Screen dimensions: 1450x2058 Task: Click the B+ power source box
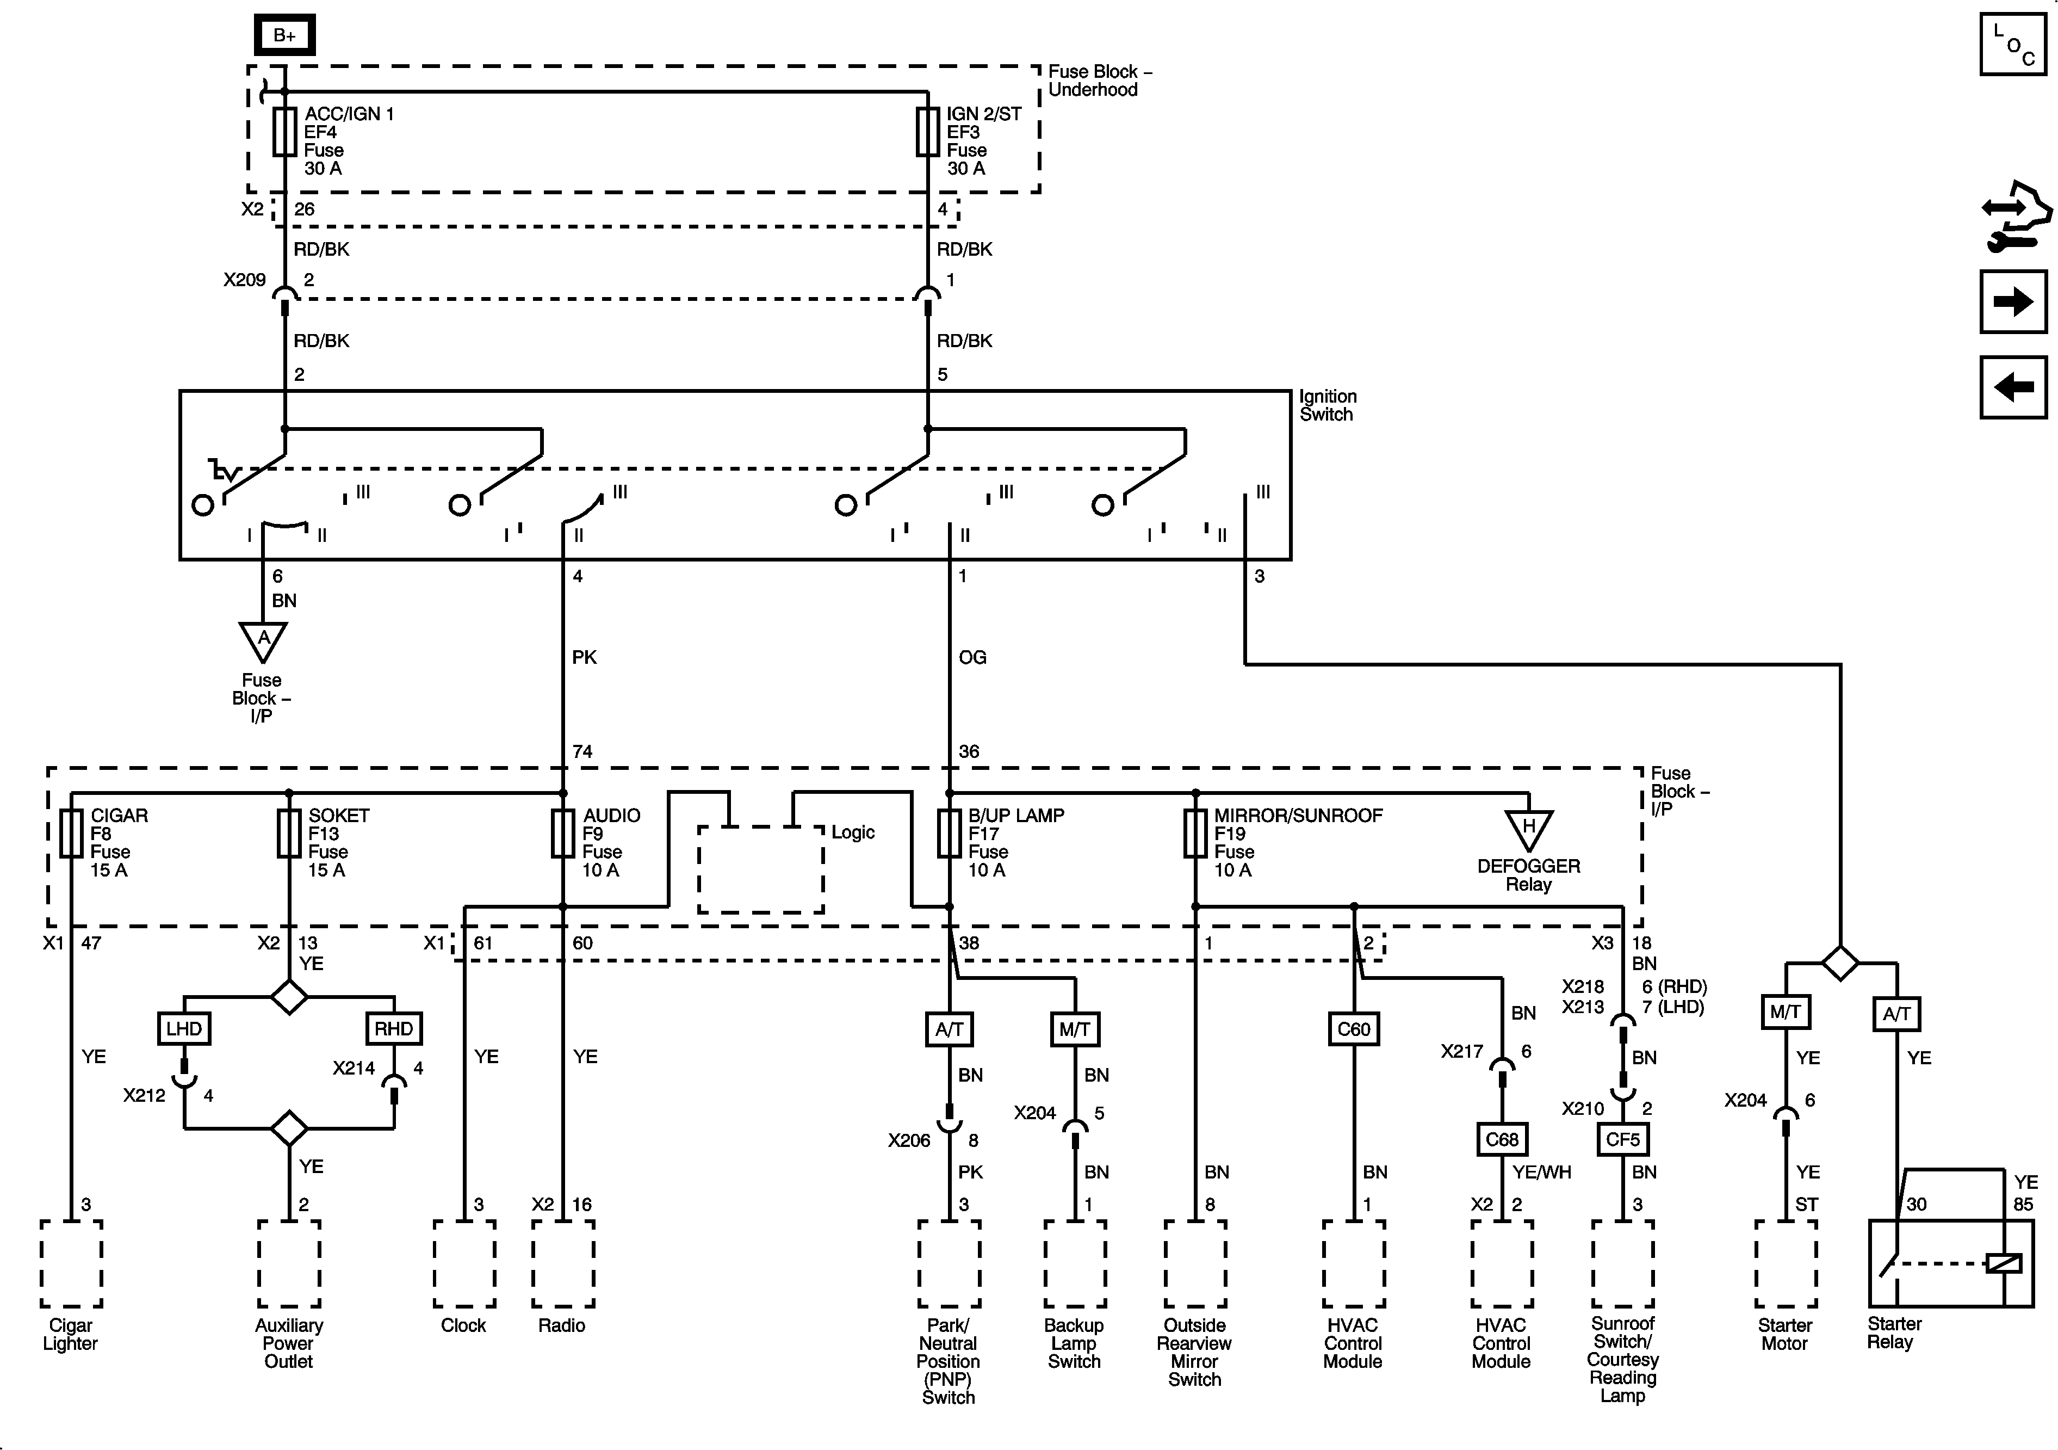tap(284, 35)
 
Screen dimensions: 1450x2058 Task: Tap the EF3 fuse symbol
tap(928, 133)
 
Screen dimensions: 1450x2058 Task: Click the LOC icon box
tap(2013, 44)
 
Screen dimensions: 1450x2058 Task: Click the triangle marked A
tap(263, 641)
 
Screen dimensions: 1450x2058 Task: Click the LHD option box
tap(184, 1028)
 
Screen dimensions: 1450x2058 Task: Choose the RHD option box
tap(394, 1028)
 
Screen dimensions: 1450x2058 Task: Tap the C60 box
tap(1354, 1028)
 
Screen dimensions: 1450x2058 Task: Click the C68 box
tap(1502, 1139)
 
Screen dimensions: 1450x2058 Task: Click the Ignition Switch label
tap(1328, 405)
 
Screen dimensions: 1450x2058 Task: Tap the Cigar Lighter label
tap(70, 1334)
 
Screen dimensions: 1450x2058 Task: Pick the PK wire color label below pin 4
tap(585, 657)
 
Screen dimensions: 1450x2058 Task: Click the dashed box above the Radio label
tap(563, 1263)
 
